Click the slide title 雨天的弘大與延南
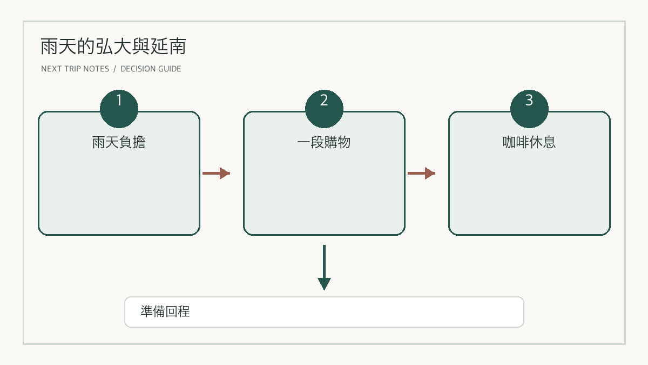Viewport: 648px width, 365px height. pos(113,47)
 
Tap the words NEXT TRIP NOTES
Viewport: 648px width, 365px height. pos(75,69)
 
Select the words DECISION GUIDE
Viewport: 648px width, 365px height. pos(151,69)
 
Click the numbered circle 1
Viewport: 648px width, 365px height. pos(119,109)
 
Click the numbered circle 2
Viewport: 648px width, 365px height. pos(324,109)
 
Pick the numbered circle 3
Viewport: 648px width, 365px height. pos(529,109)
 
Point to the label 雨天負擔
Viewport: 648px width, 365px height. pos(119,142)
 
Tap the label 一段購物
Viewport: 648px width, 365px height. pos(324,142)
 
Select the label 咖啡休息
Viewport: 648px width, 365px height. pos(529,142)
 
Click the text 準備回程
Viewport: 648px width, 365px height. pos(165,311)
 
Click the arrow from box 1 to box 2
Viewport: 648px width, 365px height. pos(216,173)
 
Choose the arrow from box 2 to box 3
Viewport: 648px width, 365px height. pos(421,173)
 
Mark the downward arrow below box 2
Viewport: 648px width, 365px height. pos(324,267)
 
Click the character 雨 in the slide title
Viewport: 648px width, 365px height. pos(50,47)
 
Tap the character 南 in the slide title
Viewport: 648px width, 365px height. pos(177,47)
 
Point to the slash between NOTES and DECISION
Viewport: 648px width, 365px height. pos(115,69)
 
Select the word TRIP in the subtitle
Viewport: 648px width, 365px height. pos(72,69)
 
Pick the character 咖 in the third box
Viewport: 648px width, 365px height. pos(509,142)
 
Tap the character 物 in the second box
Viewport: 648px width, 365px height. pos(345,142)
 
